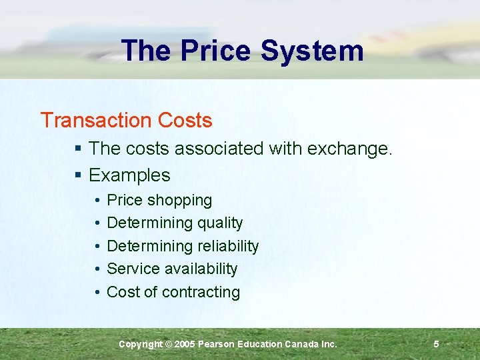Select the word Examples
[129, 175]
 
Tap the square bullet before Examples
[78, 176]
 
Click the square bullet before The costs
[78, 149]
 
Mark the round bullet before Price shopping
[97, 201]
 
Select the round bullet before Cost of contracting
[97, 292]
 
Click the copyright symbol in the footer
[168, 344]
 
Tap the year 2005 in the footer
[186, 344]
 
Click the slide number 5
[436, 344]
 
